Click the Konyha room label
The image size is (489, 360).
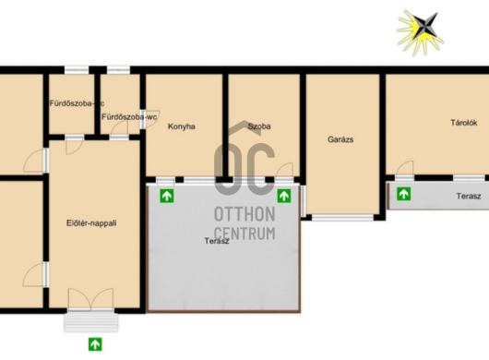point(182,126)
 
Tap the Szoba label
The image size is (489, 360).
point(259,126)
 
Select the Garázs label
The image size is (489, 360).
point(340,139)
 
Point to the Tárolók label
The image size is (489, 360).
point(464,123)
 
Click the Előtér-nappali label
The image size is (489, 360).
point(91,223)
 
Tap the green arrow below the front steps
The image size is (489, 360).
point(95,344)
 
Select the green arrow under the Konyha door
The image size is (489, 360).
point(167,196)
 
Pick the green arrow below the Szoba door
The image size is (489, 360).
point(284,196)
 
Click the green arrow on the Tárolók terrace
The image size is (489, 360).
point(403,194)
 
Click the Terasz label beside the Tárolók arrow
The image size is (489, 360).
point(469,197)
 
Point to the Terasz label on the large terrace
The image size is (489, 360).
point(217,241)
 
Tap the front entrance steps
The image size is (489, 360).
point(91,322)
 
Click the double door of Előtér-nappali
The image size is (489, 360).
point(90,299)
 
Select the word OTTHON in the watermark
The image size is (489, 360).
point(244,214)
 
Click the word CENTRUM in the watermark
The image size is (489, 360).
point(244,234)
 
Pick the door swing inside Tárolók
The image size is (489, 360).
point(405,168)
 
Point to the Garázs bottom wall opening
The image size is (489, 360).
point(342,218)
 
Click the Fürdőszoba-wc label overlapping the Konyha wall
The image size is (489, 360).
point(129,117)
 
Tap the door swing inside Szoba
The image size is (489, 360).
point(284,170)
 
